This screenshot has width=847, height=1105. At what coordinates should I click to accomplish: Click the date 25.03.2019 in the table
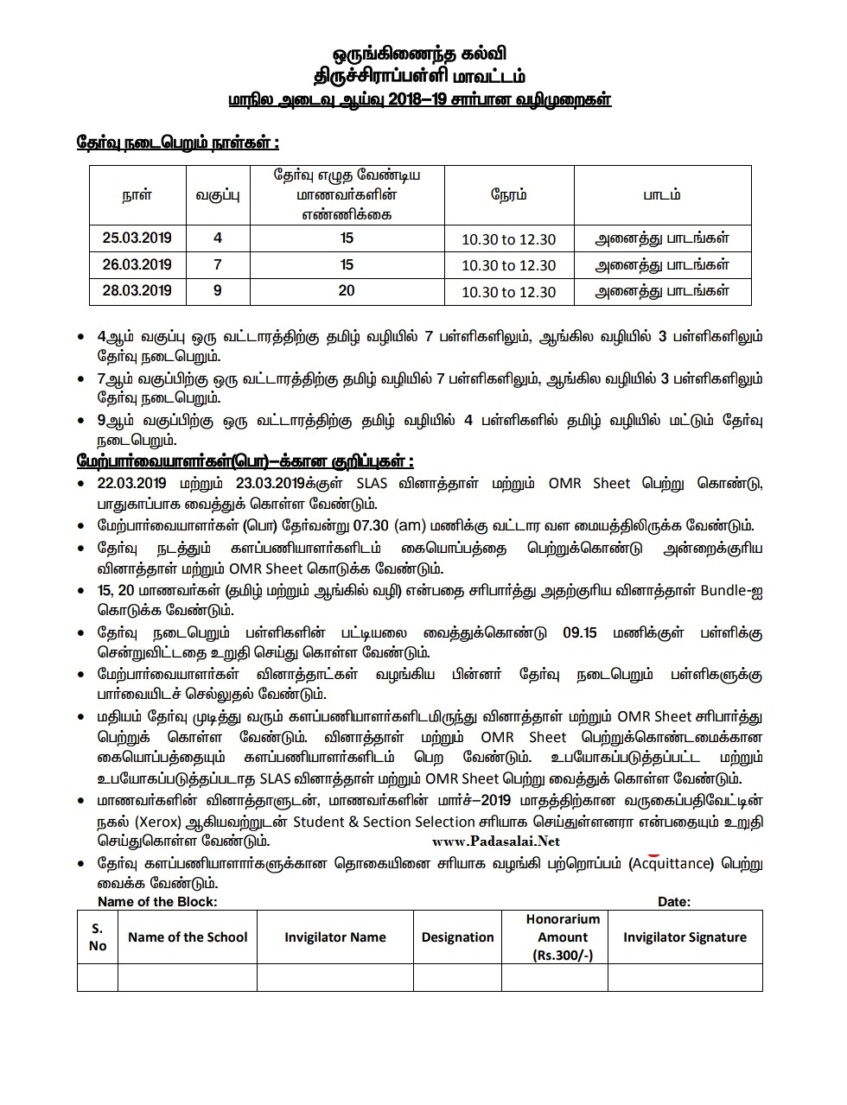click(x=137, y=238)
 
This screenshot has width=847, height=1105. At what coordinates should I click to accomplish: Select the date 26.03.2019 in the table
click(x=137, y=264)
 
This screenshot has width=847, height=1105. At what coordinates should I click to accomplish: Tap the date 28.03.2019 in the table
click(x=137, y=291)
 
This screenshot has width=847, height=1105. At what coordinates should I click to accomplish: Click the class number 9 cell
click(x=218, y=291)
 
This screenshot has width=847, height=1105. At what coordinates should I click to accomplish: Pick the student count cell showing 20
click(x=347, y=291)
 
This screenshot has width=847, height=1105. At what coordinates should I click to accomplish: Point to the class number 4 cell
click(x=218, y=238)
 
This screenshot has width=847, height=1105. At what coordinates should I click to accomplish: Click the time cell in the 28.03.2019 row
click(x=508, y=292)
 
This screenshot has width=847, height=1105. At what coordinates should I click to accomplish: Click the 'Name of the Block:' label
click(x=157, y=901)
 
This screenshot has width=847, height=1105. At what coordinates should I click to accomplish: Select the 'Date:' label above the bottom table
click(x=674, y=901)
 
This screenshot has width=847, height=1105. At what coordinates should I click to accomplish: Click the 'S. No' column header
click(x=98, y=937)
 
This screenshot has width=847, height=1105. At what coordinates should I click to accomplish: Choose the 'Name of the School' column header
click(x=188, y=937)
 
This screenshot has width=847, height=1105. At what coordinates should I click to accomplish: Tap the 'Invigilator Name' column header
click(x=335, y=937)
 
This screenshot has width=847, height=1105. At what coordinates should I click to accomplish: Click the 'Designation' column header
click(x=457, y=937)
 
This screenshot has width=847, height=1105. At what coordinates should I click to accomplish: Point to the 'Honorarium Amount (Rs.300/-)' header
click(x=563, y=937)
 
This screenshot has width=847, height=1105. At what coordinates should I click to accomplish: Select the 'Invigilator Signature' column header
click(x=685, y=937)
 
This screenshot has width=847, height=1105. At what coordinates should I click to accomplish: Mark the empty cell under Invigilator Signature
click(x=685, y=977)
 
